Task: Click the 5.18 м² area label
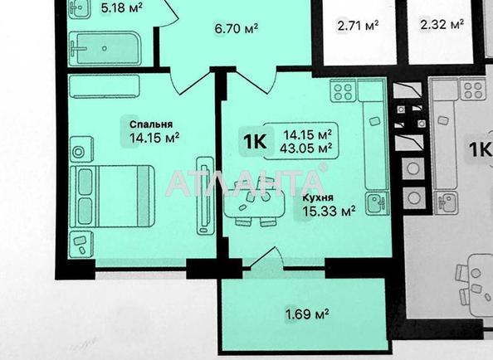click(121, 10)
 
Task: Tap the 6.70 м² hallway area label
click(237, 29)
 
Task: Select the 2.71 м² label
click(359, 25)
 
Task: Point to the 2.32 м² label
click(442, 25)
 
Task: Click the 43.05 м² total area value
click(309, 148)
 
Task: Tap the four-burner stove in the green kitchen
click(343, 91)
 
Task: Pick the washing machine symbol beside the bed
click(80, 153)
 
